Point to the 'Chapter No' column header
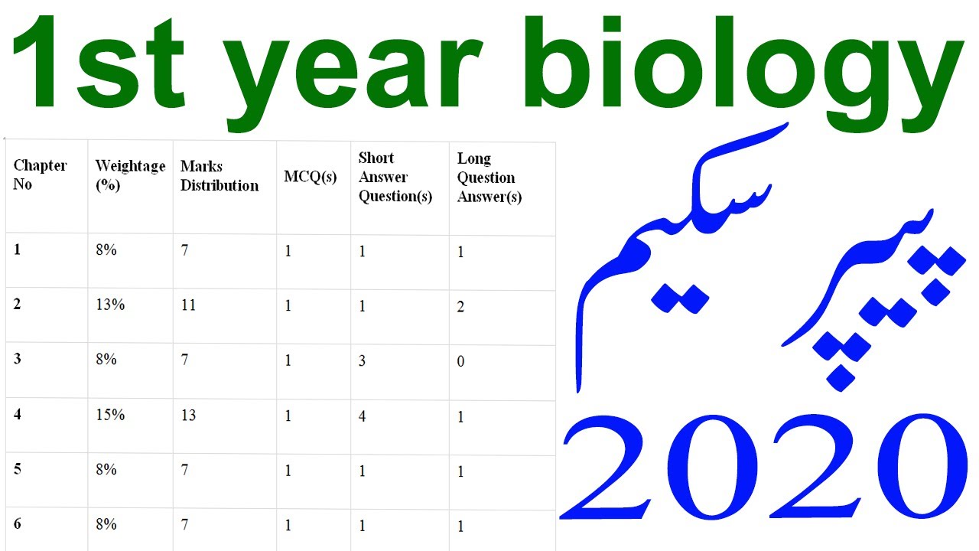[x=40, y=175]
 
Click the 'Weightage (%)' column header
[x=130, y=175]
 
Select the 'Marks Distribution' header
[x=220, y=176]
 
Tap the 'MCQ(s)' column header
[x=311, y=177]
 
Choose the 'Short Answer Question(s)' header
[x=395, y=178]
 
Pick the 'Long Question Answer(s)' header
[x=489, y=178]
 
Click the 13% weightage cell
[x=110, y=305]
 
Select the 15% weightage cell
[x=110, y=415]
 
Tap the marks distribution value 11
[x=188, y=305]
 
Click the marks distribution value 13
[x=188, y=416]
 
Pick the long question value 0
[x=460, y=361]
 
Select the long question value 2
[x=460, y=307]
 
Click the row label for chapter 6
[x=18, y=524]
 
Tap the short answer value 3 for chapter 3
[x=363, y=360]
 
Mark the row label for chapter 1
[x=18, y=249]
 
